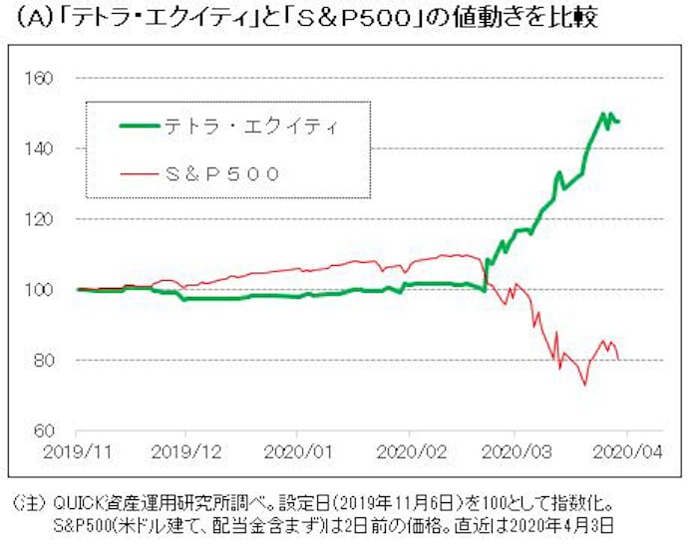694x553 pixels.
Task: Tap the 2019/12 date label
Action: (186, 450)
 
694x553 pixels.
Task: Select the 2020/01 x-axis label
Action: (298, 450)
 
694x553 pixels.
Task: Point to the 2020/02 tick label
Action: (409, 450)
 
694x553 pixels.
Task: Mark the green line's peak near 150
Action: (603, 114)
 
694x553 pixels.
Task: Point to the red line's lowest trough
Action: (584, 386)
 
